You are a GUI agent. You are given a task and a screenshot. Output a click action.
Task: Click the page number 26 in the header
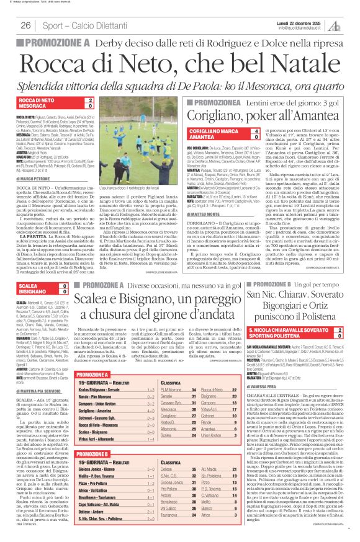click(x=26, y=25)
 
